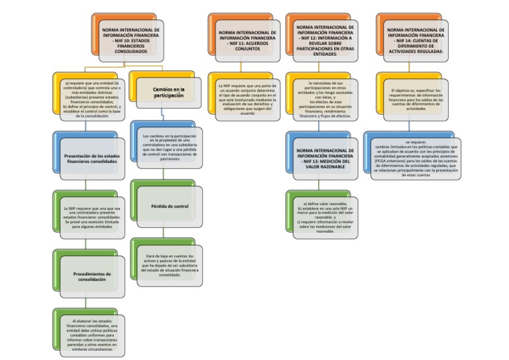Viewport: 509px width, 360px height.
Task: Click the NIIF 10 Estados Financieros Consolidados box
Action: (131, 40)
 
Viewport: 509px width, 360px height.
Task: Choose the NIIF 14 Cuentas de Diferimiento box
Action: (416, 40)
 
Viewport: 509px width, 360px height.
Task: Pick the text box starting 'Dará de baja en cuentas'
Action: (169, 265)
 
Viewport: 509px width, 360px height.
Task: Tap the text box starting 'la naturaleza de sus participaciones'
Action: (326, 99)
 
